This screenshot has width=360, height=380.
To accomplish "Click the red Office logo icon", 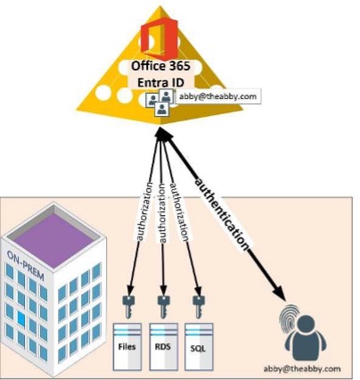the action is [160, 38].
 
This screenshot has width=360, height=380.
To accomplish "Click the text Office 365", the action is [160, 66].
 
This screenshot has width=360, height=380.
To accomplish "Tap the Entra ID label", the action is [160, 82].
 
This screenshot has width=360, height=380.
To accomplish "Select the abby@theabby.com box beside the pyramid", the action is [217, 96].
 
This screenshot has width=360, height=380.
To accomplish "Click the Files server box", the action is [127, 347].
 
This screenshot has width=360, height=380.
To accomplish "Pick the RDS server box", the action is [163, 347].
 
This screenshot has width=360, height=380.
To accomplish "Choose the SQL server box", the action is [199, 347].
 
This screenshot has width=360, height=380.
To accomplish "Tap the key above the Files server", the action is [128, 307].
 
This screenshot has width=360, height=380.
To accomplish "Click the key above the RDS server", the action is [163, 307].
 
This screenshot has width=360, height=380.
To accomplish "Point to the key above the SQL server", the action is [198, 307].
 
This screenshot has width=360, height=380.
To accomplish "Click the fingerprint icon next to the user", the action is [290, 318].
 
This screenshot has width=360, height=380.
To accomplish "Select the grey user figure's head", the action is [306, 325].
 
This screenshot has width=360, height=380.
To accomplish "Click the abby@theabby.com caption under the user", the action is [302, 368].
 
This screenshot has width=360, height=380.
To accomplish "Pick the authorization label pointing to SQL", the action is [179, 212].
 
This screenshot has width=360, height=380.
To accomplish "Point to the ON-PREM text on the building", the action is [26, 266].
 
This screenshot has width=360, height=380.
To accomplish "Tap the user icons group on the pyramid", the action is [159, 102].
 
